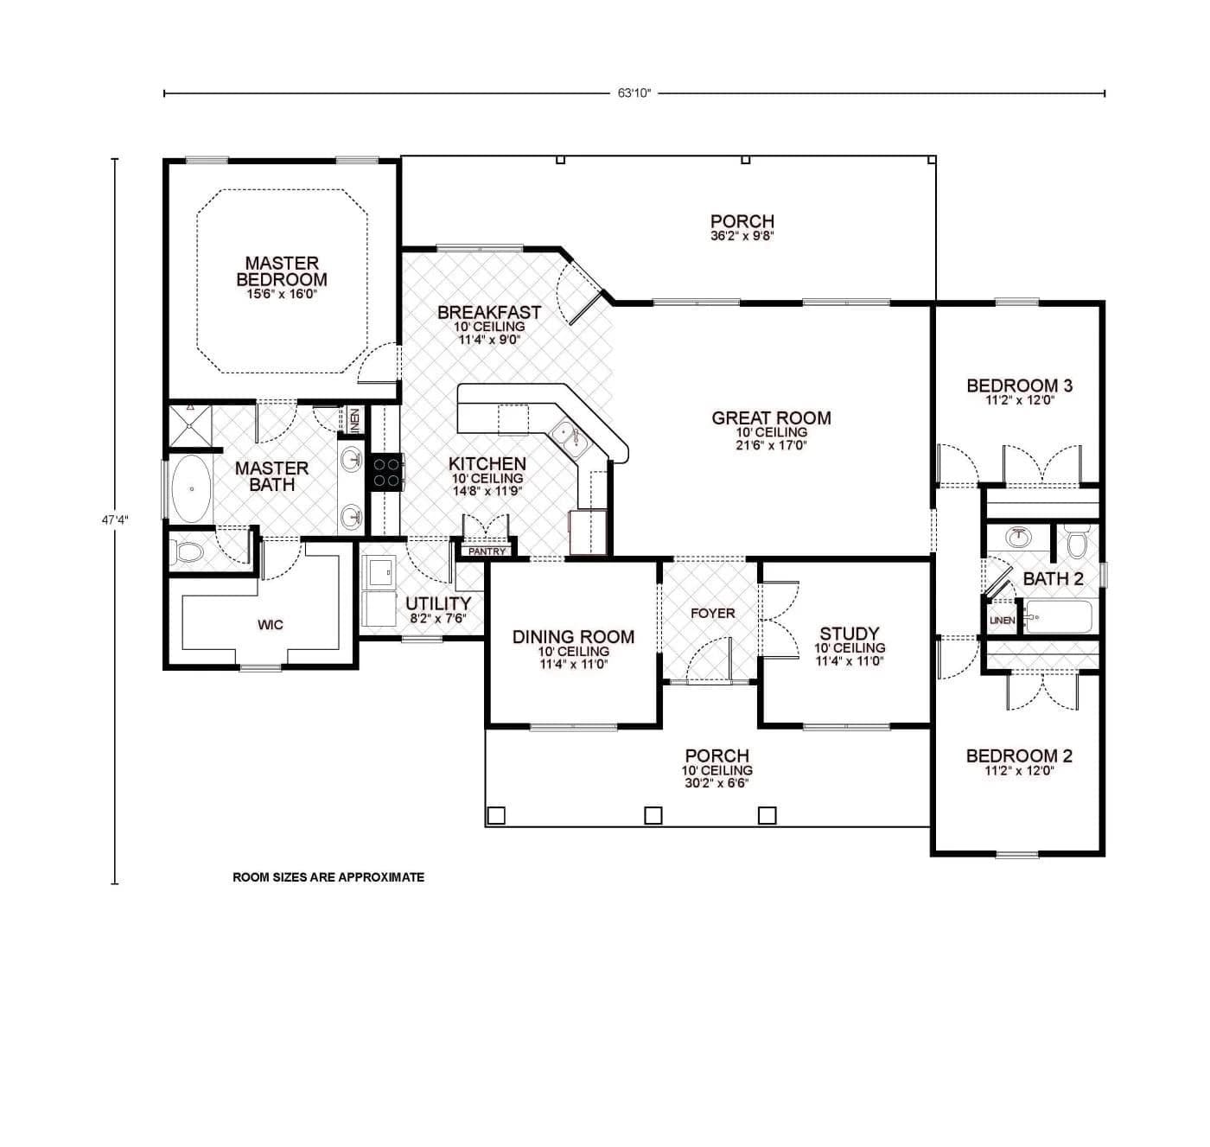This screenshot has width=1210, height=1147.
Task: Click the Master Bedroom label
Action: click(282, 271)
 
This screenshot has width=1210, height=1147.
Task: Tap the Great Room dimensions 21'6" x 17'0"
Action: click(771, 445)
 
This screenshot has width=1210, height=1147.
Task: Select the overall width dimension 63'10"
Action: click(634, 93)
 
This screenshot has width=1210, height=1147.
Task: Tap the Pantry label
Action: click(487, 551)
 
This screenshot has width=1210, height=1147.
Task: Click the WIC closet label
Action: click(271, 625)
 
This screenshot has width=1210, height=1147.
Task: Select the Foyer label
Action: click(712, 613)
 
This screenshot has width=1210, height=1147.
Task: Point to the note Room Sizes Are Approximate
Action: click(328, 877)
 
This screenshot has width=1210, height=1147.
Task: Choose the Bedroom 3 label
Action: click(1019, 386)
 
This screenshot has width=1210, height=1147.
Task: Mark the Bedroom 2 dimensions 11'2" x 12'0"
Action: click(1019, 771)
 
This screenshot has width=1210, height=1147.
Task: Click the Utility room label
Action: click(438, 603)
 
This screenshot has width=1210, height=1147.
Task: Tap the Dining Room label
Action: click(573, 637)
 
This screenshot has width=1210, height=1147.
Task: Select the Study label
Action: click(849, 634)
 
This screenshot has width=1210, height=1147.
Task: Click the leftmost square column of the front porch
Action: click(496, 815)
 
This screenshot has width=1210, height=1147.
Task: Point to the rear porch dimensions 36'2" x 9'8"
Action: click(742, 235)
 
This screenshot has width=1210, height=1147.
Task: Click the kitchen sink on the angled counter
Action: click(570, 437)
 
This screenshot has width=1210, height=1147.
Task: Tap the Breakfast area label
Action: click(488, 312)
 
